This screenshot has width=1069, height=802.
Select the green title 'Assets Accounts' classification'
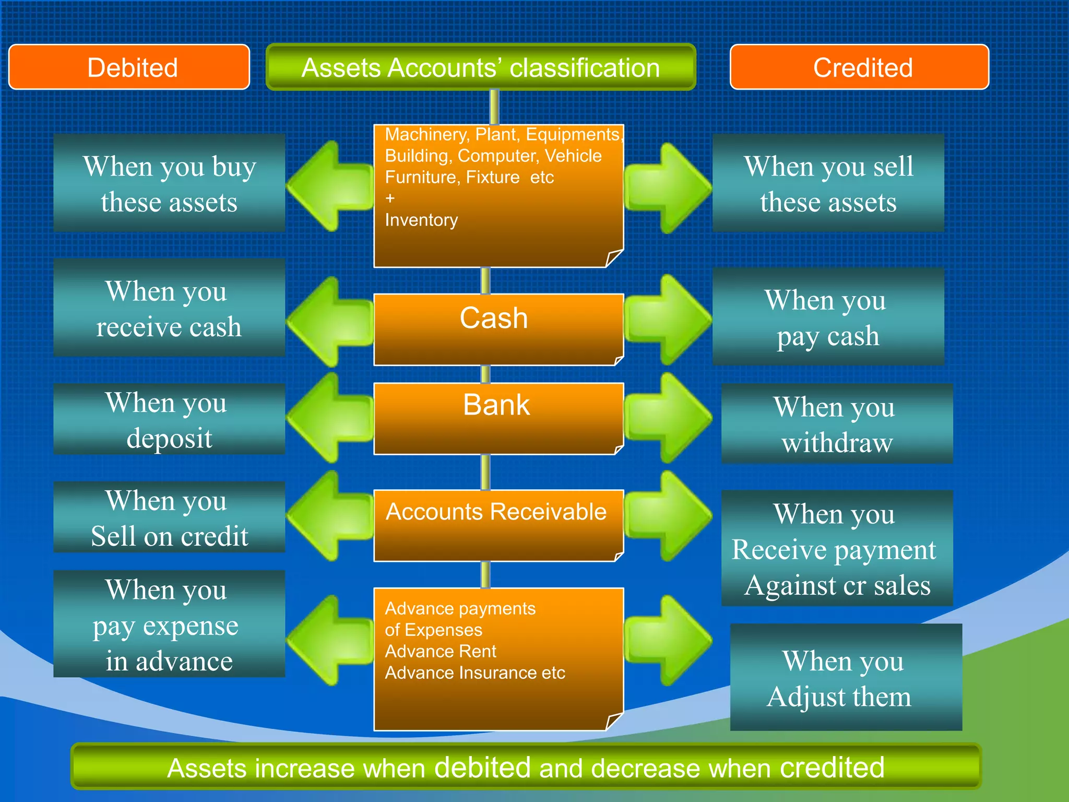481,68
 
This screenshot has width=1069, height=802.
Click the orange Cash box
498,329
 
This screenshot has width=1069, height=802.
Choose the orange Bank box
498,418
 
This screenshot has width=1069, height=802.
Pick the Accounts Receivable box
498,525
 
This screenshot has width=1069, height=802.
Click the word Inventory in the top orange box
421,220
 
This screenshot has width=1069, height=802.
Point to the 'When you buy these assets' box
169,183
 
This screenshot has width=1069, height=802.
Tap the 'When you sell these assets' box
828,183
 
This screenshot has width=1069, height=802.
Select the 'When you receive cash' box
169,308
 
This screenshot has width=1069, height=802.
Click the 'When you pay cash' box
828,317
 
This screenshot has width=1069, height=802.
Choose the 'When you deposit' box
169,419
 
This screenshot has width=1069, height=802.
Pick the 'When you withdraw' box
837,424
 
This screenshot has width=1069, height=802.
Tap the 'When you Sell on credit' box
169,517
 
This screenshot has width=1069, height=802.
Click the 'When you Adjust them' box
846,677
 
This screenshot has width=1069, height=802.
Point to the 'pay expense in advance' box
169,624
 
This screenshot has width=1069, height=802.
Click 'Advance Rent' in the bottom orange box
441,651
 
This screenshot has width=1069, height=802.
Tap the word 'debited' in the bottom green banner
482,768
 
